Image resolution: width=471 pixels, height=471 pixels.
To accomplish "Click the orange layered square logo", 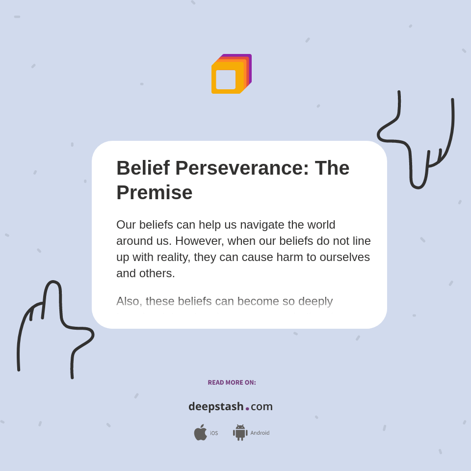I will click(231, 74).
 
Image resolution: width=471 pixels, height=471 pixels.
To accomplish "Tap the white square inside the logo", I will click(226, 79).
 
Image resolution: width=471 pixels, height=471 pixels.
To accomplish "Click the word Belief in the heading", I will click(143, 168).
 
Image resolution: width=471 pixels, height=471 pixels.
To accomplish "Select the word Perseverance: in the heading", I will click(242, 168).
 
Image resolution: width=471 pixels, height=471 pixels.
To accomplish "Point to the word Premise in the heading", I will click(154, 192).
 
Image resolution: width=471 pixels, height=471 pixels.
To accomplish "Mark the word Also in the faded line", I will click(129, 301).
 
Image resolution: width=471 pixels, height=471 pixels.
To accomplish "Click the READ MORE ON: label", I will click(232, 383).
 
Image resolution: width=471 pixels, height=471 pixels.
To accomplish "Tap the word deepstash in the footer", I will click(216, 407).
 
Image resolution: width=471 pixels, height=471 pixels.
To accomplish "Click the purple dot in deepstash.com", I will click(247, 409).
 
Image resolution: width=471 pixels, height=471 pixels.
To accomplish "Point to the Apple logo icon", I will click(200, 432).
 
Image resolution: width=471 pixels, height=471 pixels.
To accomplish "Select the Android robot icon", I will click(240, 433).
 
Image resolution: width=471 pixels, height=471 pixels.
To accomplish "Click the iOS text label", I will click(214, 433).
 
